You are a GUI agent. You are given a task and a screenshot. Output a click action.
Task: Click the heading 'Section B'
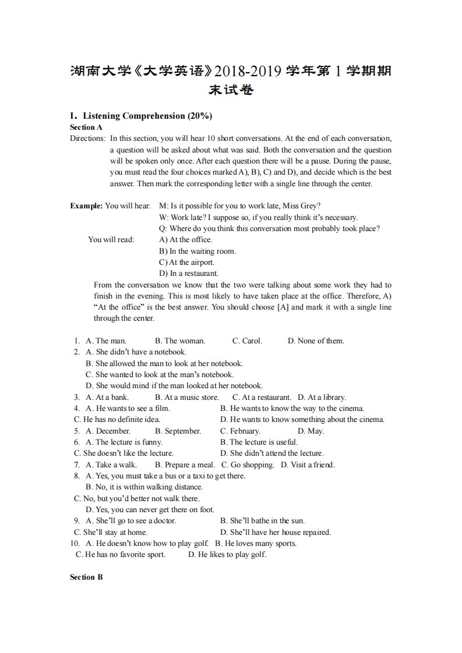coord(86,577)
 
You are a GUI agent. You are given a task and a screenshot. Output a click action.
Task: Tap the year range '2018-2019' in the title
coord(248,72)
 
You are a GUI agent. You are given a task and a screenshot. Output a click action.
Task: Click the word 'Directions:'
coord(88,139)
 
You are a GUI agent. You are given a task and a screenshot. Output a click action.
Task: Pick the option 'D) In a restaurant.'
coord(189,273)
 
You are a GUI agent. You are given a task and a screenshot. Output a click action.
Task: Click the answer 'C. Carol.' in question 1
coord(247,340)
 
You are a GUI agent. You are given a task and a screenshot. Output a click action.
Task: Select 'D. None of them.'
coord(316,340)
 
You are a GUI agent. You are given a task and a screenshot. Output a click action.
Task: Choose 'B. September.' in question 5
coord(178,431)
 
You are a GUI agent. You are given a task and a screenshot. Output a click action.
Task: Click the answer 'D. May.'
coord(311,431)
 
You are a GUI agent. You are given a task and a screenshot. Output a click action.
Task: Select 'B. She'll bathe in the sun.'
coord(262,520)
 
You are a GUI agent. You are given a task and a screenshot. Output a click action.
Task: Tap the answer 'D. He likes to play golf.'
coord(227,554)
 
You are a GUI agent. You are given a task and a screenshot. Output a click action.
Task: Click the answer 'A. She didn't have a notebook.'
coord(136,352)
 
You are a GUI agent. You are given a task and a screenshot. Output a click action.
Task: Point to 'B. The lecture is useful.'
coord(259,442)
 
